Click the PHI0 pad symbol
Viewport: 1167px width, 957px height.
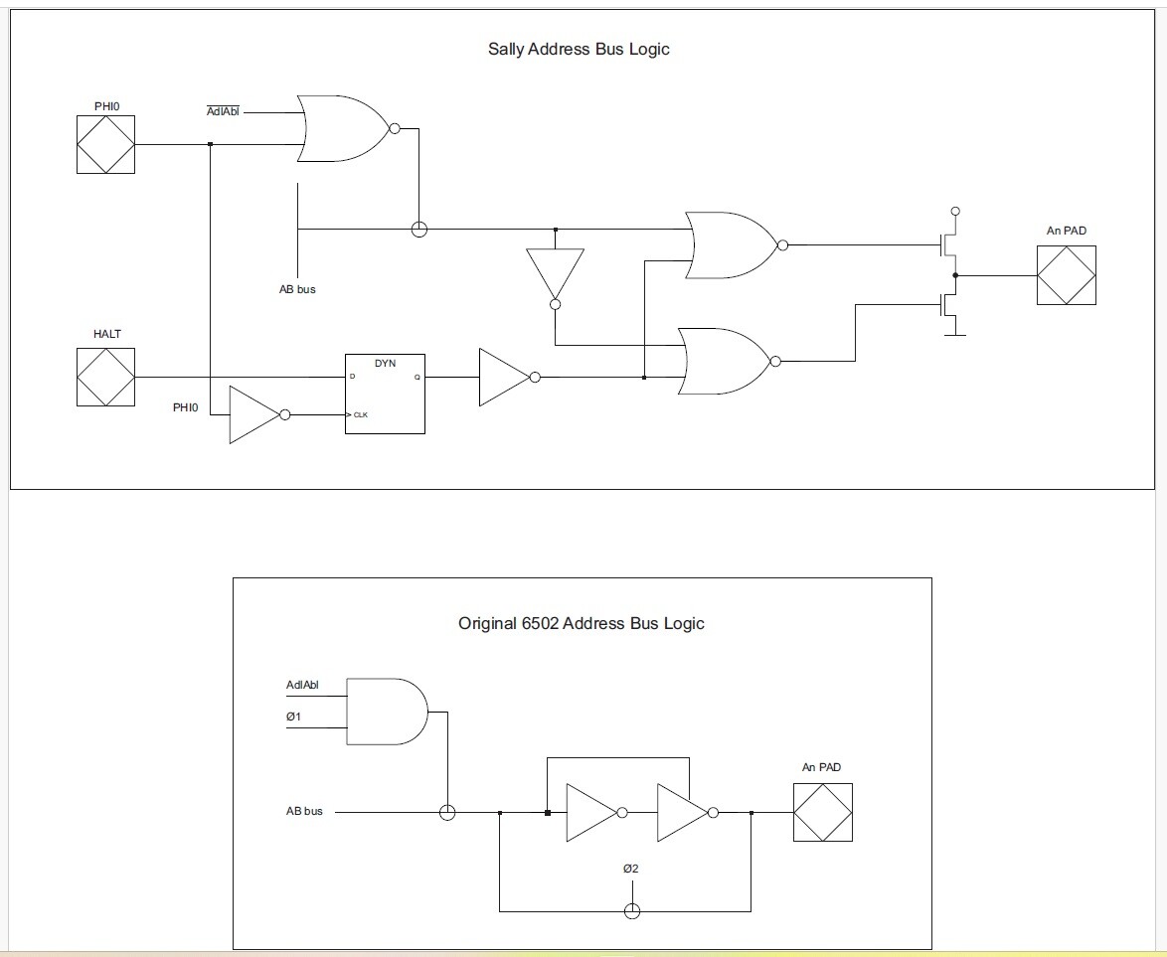click(x=105, y=144)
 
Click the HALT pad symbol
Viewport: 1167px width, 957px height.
click(x=105, y=378)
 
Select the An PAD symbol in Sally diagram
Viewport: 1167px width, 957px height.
click(x=1067, y=275)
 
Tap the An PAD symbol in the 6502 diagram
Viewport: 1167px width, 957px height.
click(x=822, y=813)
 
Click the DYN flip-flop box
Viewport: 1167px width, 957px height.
click(x=385, y=394)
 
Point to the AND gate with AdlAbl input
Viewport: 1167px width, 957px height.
click(x=387, y=712)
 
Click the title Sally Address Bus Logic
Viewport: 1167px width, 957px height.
click(x=579, y=49)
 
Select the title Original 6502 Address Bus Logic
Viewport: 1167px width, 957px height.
click(x=582, y=624)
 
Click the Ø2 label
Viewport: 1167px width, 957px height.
click(x=630, y=869)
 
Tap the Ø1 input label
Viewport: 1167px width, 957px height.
click(x=294, y=717)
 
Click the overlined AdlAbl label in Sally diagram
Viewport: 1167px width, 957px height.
click(x=223, y=111)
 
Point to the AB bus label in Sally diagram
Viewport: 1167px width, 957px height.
click(x=297, y=289)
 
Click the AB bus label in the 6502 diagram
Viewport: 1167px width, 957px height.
click(x=304, y=811)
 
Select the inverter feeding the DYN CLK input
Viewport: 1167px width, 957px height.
click(x=259, y=414)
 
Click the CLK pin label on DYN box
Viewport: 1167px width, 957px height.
click(x=360, y=414)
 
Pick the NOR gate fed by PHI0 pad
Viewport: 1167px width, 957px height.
click(x=347, y=128)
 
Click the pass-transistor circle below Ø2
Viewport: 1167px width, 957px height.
click(x=632, y=911)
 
